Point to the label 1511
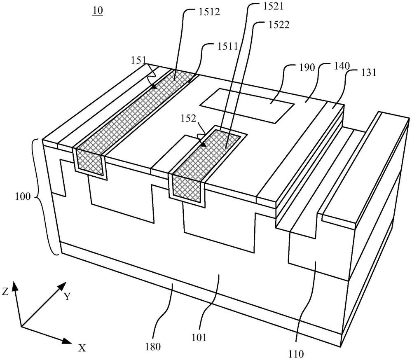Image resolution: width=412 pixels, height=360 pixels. pyautogui.click(x=227, y=47)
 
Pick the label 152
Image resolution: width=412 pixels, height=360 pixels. pyautogui.click(x=188, y=119)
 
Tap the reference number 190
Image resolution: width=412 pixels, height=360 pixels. pyautogui.click(x=307, y=68)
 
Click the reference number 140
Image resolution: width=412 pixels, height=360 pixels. pyautogui.click(x=342, y=65)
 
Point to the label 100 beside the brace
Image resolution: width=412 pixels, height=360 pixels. pyautogui.click(x=23, y=196)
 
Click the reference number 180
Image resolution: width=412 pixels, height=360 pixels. pyautogui.click(x=153, y=346)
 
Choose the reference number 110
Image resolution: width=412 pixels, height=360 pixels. pyautogui.click(x=296, y=354)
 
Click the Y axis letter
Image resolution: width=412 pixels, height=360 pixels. pyautogui.click(x=68, y=297)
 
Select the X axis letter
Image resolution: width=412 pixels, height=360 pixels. pyautogui.click(x=82, y=348)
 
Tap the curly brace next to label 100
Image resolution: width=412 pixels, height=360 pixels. pyautogui.click(x=42, y=197)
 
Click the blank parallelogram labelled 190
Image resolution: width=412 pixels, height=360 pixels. pyautogui.click(x=247, y=105)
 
